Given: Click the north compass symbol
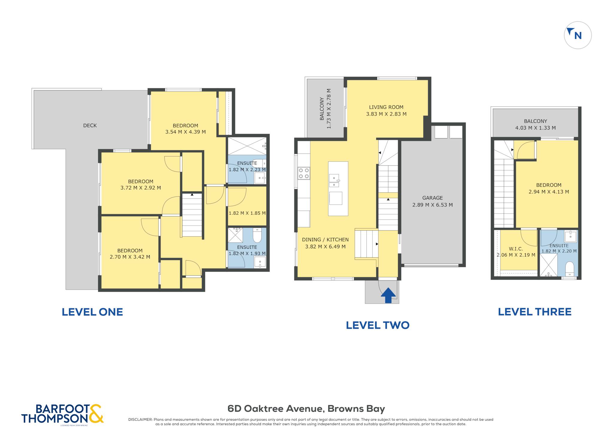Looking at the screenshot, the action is tap(577, 35).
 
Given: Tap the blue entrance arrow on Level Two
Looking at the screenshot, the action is tap(388, 295).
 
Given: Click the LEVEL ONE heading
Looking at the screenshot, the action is tap(92, 312).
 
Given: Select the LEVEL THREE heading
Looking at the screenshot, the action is tap(535, 312).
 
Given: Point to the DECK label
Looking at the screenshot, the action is tap(90, 125).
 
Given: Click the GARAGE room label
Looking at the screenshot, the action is tap(432, 198).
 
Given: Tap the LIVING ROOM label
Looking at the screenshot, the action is tap(386, 107).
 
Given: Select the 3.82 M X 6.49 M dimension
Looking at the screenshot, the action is tap(325, 247).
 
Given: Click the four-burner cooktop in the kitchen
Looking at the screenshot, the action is tap(304, 173).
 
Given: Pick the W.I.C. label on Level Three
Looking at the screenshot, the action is tap(516, 249).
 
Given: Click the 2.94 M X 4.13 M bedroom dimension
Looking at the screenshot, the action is tap(549, 192).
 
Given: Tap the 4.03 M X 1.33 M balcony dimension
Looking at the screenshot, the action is tap(535, 128).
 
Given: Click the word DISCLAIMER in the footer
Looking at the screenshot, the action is tap(140, 419).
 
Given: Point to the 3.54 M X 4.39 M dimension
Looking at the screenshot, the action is tap(185, 132).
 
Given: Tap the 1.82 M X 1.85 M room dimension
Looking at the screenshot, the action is tap(247, 213).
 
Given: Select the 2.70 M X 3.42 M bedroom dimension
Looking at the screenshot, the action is tap(130, 257).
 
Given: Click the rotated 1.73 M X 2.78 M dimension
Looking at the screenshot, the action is tap(329, 109).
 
